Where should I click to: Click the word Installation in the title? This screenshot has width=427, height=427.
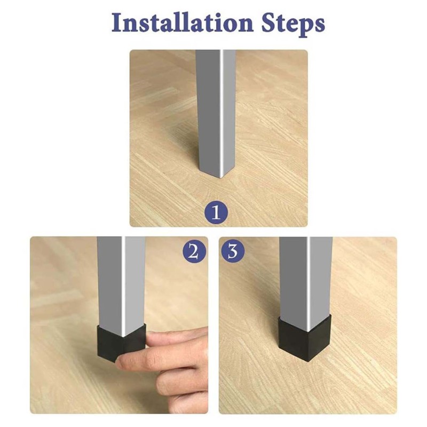click(x=183, y=23)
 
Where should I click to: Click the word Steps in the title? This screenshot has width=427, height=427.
click(x=293, y=25)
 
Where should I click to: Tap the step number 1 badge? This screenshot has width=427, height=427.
click(x=216, y=212)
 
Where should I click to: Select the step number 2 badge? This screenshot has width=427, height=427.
click(x=194, y=252)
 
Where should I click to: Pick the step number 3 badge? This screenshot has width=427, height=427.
click(x=233, y=251)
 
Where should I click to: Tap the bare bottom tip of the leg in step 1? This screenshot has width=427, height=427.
click(x=221, y=178)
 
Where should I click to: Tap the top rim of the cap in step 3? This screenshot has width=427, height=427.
click(x=304, y=319)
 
